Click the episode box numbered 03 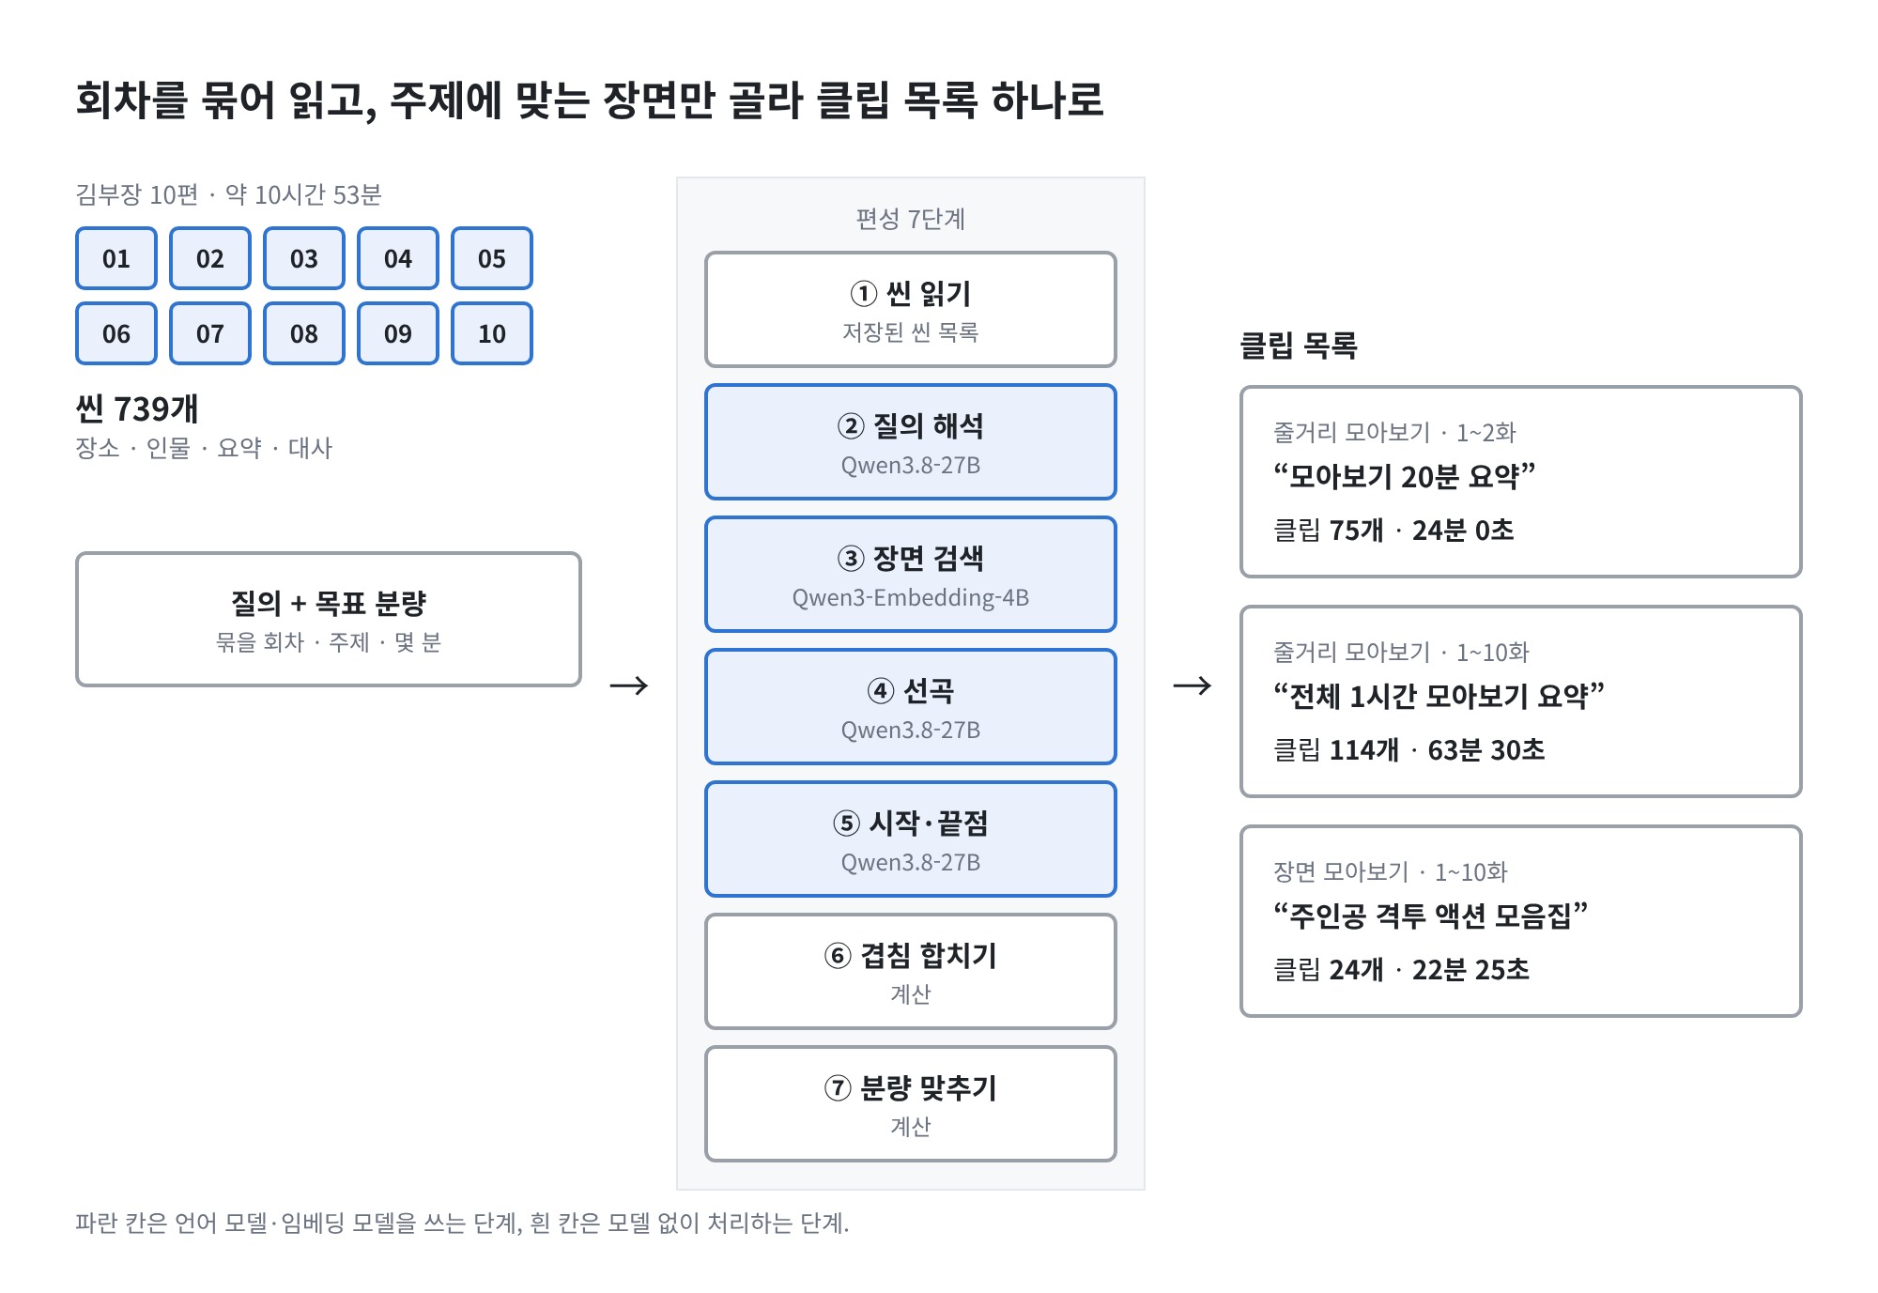pos(304,258)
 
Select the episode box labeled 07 pos(210,333)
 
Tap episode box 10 pos(492,333)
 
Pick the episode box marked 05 pos(492,258)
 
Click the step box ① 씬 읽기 pos(911,309)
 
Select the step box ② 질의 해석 pos(911,441)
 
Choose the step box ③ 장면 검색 pos(911,574)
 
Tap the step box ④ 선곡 pos(911,706)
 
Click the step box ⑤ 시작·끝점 pos(911,839)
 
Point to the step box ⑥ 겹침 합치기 pos(911,971)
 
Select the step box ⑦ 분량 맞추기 pos(911,1103)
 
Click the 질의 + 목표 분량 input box pos(329,619)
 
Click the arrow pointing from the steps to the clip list pos(1193,685)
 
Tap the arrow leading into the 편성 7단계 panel pos(629,685)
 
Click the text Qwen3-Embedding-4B pos(911,598)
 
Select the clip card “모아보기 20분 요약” pos(1521,481)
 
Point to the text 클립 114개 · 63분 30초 pos(1408,749)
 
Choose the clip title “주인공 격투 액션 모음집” pos(1430,915)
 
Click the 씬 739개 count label pos(137,408)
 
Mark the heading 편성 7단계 pos(911,219)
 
